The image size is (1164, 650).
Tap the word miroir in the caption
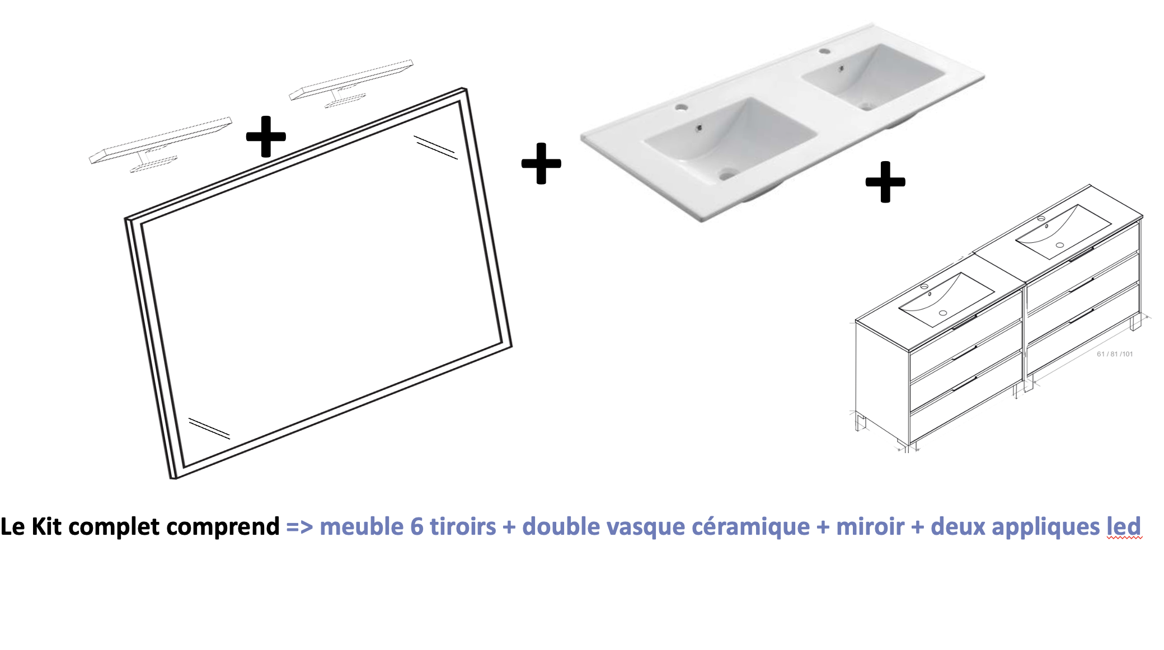click(870, 526)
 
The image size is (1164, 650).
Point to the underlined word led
click(1124, 526)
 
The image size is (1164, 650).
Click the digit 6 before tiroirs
click(416, 527)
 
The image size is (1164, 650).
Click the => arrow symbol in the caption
click(299, 527)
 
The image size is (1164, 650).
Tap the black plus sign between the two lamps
click(266, 136)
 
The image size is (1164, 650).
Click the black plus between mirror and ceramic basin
click(541, 163)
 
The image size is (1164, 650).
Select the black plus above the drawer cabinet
click(885, 182)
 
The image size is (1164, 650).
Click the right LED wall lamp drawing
click(351, 83)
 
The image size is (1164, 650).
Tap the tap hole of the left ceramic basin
click(681, 106)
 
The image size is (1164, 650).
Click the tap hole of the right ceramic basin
click(824, 51)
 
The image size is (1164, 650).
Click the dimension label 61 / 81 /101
click(1115, 354)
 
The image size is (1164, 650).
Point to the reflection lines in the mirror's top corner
click(435, 147)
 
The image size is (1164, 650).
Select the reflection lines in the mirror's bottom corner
click(209, 428)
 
